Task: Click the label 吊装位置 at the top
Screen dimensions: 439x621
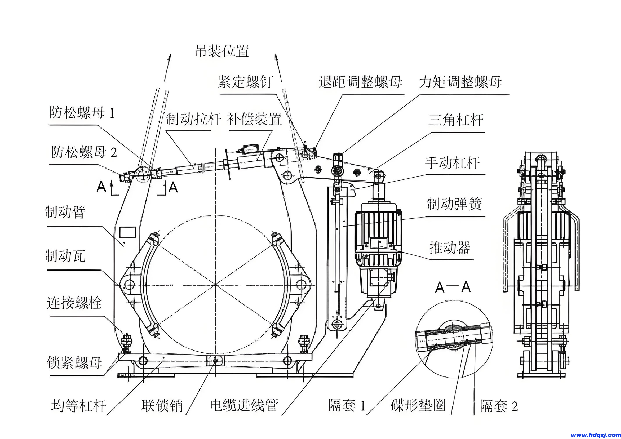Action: pyautogui.click(x=222, y=51)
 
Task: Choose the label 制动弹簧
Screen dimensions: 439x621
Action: pyautogui.click(x=454, y=204)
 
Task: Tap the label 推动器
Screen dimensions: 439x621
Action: pyautogui.click(x=450, y=247)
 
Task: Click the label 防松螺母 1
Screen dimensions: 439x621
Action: pyautogui.click(x=82, y=112)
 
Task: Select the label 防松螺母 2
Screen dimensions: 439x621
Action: pyautogui.click(x=84, y=152)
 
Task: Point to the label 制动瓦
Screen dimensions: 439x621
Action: pyautogui.click(x=65, y=256)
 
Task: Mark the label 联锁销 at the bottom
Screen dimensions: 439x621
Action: pyautogui.click(x=162, y=406)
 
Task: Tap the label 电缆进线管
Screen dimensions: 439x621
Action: pyautogui.click(x=244, y=405)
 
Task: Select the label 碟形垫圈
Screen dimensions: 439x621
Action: pyautogui.click(x=418, y=405)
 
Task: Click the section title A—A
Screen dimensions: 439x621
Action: pyautogui.click(x=453, y=287)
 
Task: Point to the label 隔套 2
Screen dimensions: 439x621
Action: pyautogui.click(x=498, y=406)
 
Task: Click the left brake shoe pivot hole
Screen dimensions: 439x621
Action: pyautogui.click(x=130, y=285)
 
